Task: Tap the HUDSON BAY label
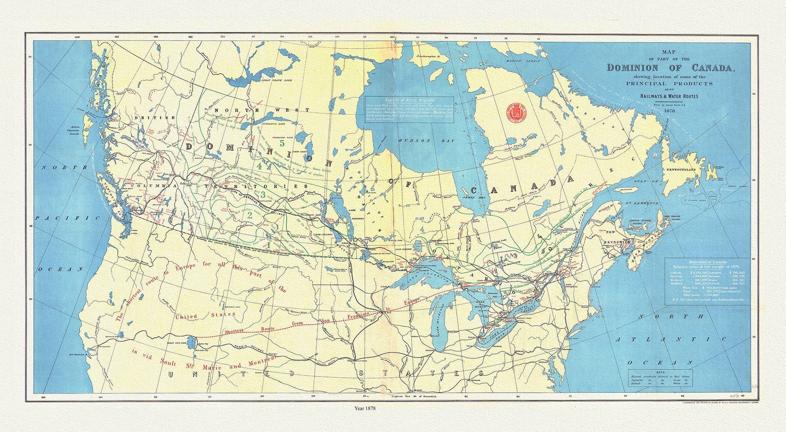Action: tap(426, 141)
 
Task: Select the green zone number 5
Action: tap(282, 143)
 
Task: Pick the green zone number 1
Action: tap(268, 244)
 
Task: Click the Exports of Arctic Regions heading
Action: tap(409, 100)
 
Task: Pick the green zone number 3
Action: tap(263, 195)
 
